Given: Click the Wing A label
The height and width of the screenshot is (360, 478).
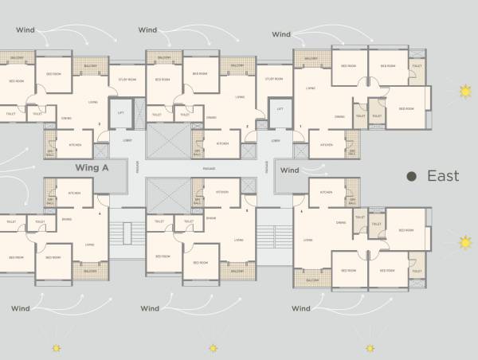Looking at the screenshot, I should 91,168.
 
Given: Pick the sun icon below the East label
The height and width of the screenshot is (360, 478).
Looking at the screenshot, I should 465,240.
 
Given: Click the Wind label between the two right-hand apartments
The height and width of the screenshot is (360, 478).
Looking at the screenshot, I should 290,170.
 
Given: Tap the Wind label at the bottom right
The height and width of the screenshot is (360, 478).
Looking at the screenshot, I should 300,307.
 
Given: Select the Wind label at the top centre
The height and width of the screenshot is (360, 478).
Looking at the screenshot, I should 147,30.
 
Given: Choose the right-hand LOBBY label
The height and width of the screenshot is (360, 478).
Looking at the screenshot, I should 275,141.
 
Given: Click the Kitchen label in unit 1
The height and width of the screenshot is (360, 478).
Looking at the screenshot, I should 326,145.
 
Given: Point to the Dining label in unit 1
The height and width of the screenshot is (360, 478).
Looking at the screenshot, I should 339,117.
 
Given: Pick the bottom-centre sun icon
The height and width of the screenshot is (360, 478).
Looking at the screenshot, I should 213,348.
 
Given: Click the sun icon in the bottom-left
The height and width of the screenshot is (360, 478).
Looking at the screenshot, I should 56,348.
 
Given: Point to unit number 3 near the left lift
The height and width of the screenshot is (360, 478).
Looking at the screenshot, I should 99,125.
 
